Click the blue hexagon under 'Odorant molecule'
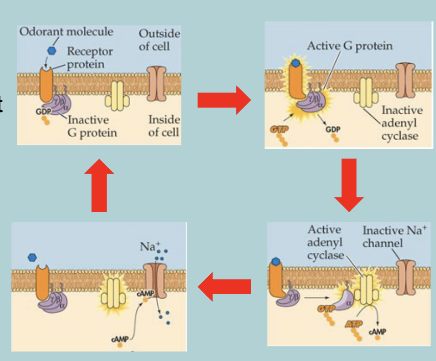click(51, 50)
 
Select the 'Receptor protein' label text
click(89, 58)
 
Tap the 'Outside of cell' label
click(159, 39)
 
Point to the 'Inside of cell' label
click(164, 125)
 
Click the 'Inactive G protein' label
click(92, 126)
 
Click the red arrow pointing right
click(223, 100)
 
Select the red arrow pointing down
click(349, 184)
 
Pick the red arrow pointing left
click(225, 287)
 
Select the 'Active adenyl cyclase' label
click(325, 242)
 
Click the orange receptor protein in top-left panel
click(46, 84)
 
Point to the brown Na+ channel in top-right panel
click(405, 80)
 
